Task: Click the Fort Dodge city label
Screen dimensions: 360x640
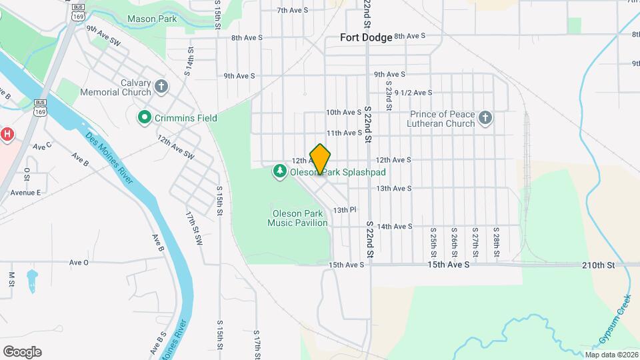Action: (365, 37)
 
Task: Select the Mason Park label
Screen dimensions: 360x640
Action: (152, 19)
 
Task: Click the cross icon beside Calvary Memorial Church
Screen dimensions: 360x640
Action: (161, 87)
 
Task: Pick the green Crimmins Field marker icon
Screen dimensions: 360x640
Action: (143, 118)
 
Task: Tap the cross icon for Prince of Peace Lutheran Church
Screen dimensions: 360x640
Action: (485, 119)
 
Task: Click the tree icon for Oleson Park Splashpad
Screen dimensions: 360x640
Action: (280, 172)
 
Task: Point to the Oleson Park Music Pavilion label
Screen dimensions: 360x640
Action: (297, 218)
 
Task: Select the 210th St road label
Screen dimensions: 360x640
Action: (597, 265)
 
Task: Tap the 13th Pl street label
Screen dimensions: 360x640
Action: (345, 210)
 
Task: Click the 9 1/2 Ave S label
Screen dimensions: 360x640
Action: (413, 93)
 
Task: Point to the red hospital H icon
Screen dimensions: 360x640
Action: (7, 134)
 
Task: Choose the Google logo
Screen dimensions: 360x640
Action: (22, 352)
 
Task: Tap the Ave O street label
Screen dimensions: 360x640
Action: (79, 263)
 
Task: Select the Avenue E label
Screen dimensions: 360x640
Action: (25, 193)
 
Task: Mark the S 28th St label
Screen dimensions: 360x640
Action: (497, 245)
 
